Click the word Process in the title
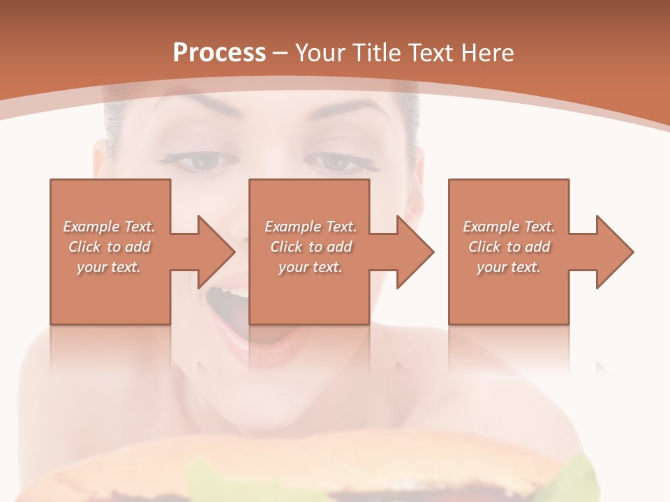[x=219, y=53]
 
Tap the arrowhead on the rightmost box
[x=613, y=252]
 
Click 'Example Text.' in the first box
[x=110, y=227]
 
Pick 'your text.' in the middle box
[x=310, y=267]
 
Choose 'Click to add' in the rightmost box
[x=509, y=247]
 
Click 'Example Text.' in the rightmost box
[x=509, y=227]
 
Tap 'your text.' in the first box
[x=109, y=267]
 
